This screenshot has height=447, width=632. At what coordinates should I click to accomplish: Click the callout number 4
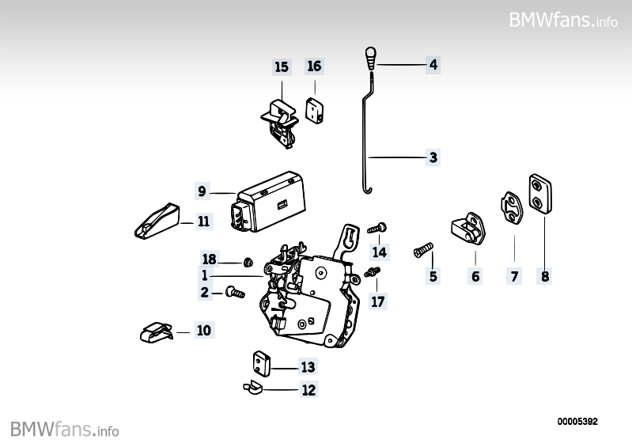click(433, 64)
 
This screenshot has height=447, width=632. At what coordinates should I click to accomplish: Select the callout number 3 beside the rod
click(433, 157)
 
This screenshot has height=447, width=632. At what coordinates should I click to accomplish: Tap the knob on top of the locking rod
click(371, 57)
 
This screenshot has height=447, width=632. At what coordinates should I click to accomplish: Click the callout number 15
click(282, 67)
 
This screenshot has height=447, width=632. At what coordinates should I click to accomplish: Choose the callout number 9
click(202, 191)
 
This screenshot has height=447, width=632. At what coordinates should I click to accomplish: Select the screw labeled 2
click(234, 293)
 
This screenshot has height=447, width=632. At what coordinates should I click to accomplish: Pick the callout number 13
click(307, 367)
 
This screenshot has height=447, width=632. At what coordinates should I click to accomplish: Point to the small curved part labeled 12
click(254, 387)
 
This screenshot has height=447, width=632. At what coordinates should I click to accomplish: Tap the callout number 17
click(377, 301)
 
